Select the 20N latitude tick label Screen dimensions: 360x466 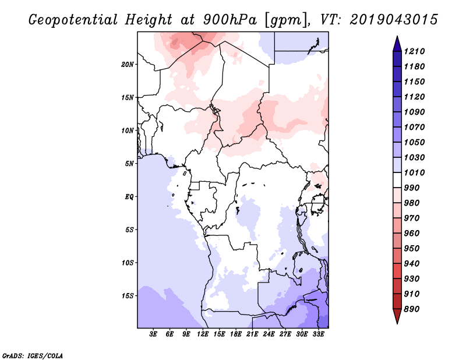(x=128, y=64)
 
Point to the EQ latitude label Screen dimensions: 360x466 (x=129, y=197)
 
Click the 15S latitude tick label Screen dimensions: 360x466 (x=128, y=296)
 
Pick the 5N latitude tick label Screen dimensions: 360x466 (x=129, y=164)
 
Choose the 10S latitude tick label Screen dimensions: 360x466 (x=128, y=263)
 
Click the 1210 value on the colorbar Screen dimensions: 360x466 (x=416, y=51)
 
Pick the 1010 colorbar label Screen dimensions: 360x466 (x=416, y=172)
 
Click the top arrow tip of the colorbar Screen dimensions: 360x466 (x=396, y=37)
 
